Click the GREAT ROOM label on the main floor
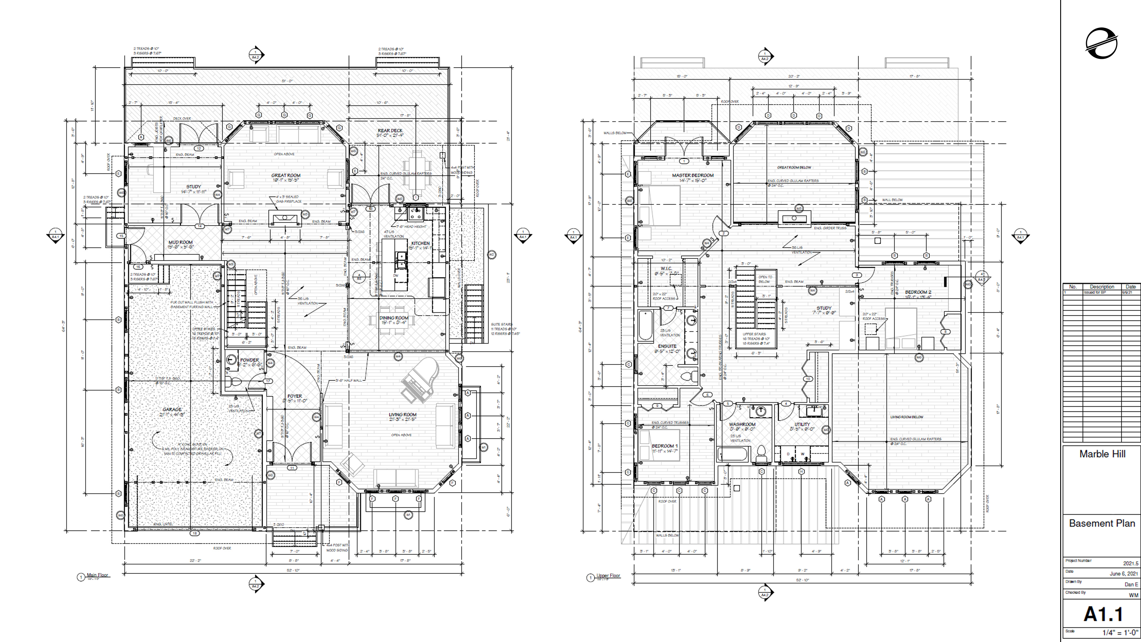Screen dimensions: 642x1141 click(x=286, y=175)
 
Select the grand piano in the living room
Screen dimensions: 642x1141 click(x=420, y=380)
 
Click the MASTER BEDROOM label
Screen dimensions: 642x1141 click(x=693, y=175)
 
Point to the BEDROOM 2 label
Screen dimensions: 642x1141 click(x=918, y=292)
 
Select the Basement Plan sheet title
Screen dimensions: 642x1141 click(x=1102, y=523)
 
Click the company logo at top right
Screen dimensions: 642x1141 click(x=1101, y=43)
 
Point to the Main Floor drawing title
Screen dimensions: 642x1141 click(x=97, y=575)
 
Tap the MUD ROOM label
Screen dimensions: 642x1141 click(x=180, y=242)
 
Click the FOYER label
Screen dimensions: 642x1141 click(x=294, y=396)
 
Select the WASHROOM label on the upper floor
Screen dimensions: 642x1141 click(x=742, y=424)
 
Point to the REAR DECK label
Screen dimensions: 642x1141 click(x=390, y=131)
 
